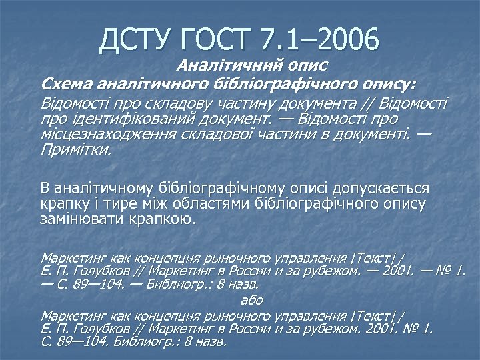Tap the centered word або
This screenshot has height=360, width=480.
pyautogui.click(x=251, y=300)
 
